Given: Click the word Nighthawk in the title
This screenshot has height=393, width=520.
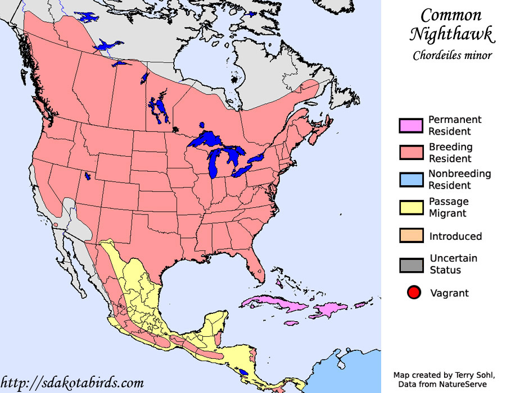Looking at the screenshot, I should click(x=452, y=35).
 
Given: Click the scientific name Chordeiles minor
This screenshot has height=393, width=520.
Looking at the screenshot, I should click(x=452, y=56).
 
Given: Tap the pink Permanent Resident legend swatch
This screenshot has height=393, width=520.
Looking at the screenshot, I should click(x=410, y=126).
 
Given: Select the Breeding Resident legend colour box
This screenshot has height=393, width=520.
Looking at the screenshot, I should click(x=410, y=153).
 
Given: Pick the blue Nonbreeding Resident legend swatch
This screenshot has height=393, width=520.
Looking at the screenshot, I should click(x=410, y=180).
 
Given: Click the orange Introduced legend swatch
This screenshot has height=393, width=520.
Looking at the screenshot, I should click(x=410, y=236).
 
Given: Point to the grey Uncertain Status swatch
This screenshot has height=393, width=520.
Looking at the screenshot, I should click(x=410, y=264).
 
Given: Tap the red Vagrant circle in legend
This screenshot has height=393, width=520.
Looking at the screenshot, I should click(x=414, y=293).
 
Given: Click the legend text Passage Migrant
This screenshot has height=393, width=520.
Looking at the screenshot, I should click(x=448, y=207).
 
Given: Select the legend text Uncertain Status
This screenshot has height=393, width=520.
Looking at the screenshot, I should click(x=453, y=264).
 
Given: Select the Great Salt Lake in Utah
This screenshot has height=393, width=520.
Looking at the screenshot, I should click(x=88, y=176).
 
